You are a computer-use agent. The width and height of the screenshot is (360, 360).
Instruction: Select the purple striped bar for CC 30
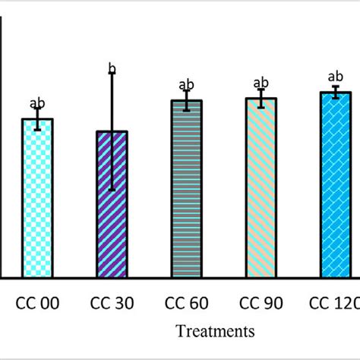(x=112, y=205)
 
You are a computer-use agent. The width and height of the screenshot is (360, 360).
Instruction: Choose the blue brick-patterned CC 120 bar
(x=335, y=185)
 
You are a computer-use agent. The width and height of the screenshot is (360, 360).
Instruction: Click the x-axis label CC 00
(x=37, y=304)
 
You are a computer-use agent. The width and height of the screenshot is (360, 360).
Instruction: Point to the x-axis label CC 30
(x=112, y=304)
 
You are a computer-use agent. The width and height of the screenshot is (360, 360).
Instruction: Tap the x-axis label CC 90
(x=261, y=304)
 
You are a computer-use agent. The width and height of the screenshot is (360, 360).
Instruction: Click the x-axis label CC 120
(x=334, y=304)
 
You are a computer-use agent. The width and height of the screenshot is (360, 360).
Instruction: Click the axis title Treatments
(x=215, y=330)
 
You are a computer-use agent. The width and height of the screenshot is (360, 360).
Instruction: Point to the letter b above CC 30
(x=112, y=70)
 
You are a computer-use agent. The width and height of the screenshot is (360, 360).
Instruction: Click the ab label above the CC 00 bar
(x=36, y=103)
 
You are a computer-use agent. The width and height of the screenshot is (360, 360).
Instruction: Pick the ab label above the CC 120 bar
(x=335, y=77)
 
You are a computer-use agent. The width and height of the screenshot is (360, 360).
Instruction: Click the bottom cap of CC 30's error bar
(x=112, y=190)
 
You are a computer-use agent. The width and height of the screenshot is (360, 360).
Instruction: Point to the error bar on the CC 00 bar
(x=37, y=118)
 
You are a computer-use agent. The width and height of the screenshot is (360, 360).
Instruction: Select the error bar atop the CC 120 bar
(x=335, y=93)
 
